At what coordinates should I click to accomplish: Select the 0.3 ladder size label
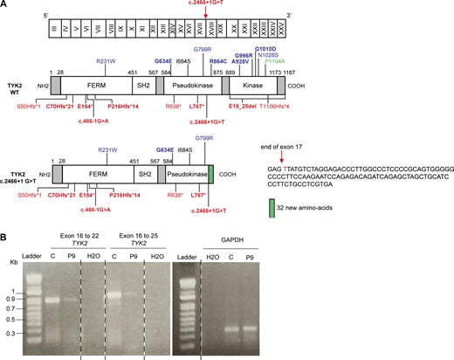(14, 333)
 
